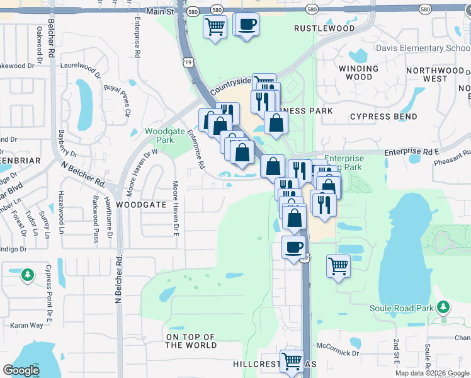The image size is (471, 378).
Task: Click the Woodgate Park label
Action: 159,135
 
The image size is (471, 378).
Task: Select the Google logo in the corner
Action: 21,370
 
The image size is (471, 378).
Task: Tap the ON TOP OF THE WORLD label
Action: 191,341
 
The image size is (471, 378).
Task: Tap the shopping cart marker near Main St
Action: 215,26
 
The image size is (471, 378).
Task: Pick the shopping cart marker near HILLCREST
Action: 292,362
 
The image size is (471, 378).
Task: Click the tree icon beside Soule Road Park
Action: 444,307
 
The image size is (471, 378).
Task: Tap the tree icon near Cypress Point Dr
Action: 27,274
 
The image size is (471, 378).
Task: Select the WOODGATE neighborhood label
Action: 142,205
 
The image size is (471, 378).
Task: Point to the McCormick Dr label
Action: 337,345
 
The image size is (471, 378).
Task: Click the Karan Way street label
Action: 26,325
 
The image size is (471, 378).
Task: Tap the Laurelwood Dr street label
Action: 80,65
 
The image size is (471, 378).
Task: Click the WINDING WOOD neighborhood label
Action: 358,72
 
